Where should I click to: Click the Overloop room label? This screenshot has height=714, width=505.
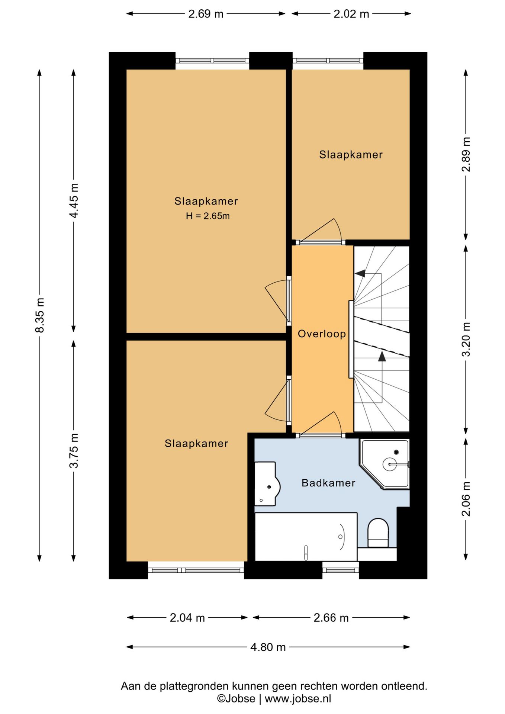pos(322,334)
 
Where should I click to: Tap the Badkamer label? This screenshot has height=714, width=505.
pos(328,483)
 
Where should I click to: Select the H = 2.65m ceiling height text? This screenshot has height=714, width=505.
pos(208,216)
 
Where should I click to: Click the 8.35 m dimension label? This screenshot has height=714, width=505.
pos(40,315)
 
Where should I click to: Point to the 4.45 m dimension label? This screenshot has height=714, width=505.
pos(74,201)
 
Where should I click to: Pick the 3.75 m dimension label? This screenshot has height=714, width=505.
pos(74,451)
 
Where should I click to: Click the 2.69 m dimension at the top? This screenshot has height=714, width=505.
pos(206,14)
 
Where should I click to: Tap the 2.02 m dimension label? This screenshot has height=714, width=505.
pos(351,14)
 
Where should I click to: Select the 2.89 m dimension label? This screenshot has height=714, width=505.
pos(466,154)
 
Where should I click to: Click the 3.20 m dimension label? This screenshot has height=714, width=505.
pos(466,339)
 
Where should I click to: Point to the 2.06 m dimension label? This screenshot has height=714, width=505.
pos(466,499)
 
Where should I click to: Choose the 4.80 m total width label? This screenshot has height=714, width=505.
pos(268,647)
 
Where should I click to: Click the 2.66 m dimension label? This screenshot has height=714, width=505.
pos(331,618)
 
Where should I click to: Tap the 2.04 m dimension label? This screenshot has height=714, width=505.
pos(187,618)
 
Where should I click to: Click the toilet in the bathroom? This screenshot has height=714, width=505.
pos(378,533)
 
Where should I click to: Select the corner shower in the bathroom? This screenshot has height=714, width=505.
pos(384,464)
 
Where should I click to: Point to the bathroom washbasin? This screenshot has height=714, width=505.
pos(267,484)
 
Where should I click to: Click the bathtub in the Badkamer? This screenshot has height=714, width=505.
pos(306,536)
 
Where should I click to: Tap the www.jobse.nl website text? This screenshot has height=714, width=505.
pos(298,698)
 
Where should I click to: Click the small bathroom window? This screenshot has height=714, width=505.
pos(341,570)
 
